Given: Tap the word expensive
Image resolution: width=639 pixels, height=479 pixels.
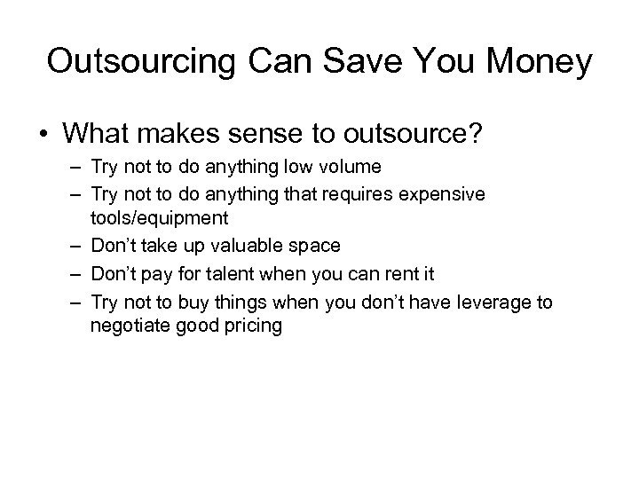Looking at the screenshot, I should click(444, 194).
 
